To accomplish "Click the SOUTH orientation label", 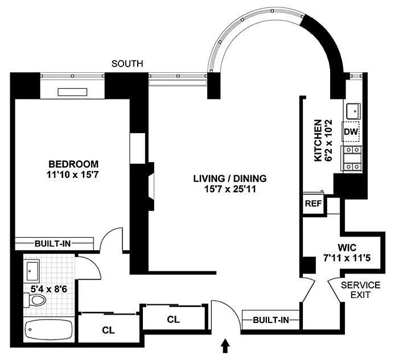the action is pyautogui.click(x=127, y=64).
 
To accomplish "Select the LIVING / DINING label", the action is pyautogui.click(x=229, y=178).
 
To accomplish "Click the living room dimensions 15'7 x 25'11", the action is pyautogui.click(x=229, y=189).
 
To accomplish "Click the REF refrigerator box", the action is pyautogui.click(x=311, y=204).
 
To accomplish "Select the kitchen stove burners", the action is pyautogui.click(x=351, y=158).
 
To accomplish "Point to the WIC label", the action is pyautogui.click(x=347, y=248).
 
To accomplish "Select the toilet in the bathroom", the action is pyautogui.click(x=35, y=302).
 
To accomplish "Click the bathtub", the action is pyautogui.click(x=47, y=330).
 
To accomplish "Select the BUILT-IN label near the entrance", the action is pyautogui.click(x=270, y=320).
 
